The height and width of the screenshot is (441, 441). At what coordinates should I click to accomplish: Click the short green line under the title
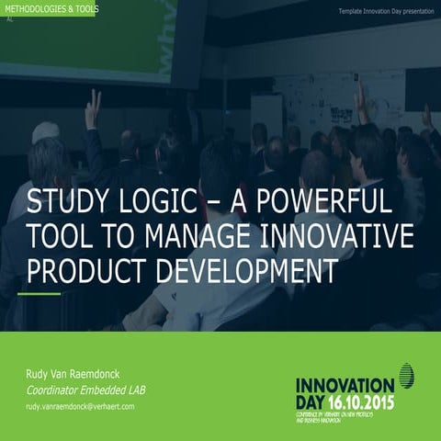pos(40,293)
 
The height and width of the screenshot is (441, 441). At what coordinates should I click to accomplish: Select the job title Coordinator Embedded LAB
pos(85,390)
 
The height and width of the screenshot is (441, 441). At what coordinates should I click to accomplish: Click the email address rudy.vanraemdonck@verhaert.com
pos(80,406)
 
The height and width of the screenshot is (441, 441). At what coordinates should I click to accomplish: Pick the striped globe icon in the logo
pos(407,376)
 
